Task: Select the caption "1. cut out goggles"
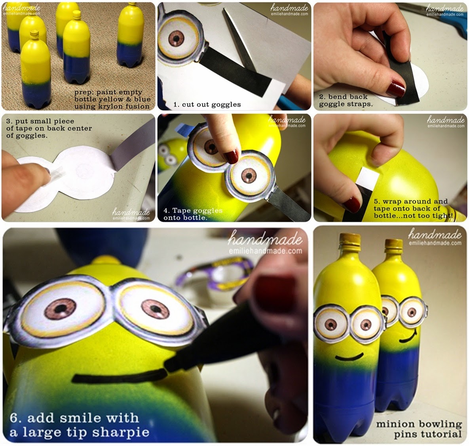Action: (207, 104)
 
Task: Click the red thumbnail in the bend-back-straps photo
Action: (395, 88)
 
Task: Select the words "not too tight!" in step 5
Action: (429, 215)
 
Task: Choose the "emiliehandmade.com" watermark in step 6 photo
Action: (265, 251)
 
